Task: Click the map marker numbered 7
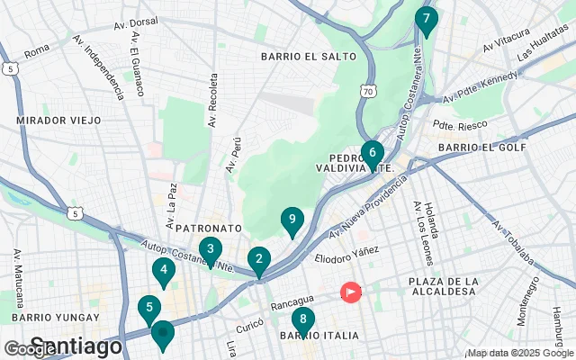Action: coord(427,19)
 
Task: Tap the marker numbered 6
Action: coord(372,153)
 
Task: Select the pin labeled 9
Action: coord(292,220)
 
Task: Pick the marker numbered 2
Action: coord(259,260)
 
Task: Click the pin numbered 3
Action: coord(210,249)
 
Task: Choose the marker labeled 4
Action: coord(162,269)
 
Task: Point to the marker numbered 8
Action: coord(303,319)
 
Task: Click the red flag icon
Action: coord(349,292)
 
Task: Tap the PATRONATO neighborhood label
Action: coord(208,229)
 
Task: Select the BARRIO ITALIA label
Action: coord(307,336)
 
